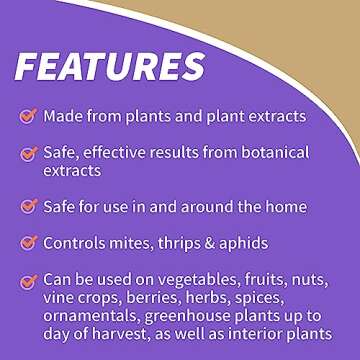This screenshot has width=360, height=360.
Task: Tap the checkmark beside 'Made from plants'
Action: [27, 116]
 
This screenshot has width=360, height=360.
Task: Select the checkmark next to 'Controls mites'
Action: [27, 242]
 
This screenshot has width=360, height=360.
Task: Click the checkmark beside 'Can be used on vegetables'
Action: [27, 280]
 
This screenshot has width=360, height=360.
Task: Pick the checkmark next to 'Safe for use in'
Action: [27, 206]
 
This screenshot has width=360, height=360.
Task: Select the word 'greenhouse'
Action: [201, 316]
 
